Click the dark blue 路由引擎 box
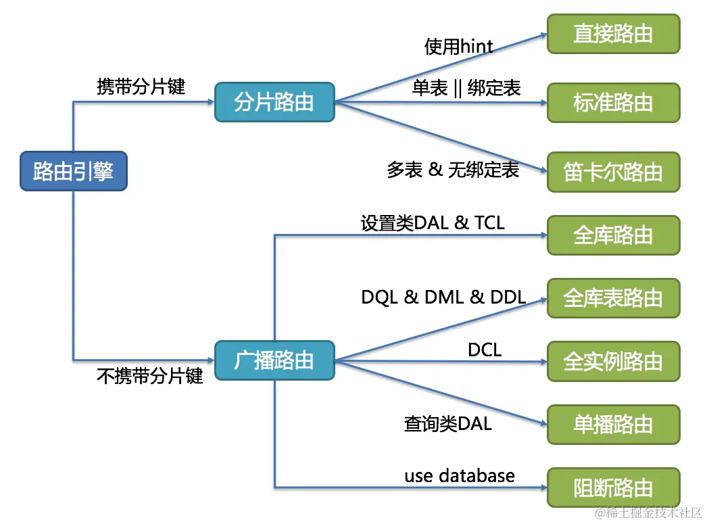tap(74, 171)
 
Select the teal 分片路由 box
tap(274, 102)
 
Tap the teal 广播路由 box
tap(274, 360)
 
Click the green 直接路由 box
tap(613, 34)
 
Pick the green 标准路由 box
tap(613, 103)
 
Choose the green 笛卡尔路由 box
tap(613, 172)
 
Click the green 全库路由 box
tap(613, 235)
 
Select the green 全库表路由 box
tap(613, 298)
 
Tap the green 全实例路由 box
tap(613, 361)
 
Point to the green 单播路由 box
tap(613, 425)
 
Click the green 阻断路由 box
tap(613, 487)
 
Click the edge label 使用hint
tap(458, 46)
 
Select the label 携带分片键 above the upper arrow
tap(141, 86)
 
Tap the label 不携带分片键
tap(149, 376)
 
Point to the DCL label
tap(485, 350)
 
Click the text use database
tap(460, 476)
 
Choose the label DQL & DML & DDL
tap(443, 297)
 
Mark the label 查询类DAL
tap(447, 423)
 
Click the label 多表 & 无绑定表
tap(453, 170)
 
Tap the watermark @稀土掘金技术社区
tap(648, 513)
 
